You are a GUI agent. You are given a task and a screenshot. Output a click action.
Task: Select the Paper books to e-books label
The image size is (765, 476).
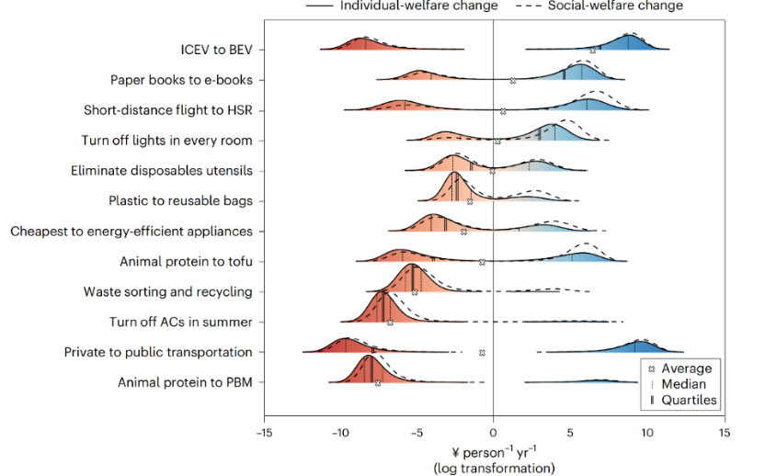coord(181,80)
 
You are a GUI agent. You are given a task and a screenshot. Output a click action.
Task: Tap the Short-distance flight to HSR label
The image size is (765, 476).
coord(167,110)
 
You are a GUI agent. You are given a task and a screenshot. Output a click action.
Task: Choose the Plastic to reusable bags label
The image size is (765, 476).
coord(180,200)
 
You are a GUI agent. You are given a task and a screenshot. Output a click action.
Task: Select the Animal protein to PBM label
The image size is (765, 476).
coord(185,382)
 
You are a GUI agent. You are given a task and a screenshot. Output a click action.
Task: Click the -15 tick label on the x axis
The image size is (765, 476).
coord(262,432)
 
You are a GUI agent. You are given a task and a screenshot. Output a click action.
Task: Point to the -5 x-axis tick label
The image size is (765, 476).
coord(416,432)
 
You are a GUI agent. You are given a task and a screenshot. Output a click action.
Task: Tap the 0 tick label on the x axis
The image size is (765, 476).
coord(494,432)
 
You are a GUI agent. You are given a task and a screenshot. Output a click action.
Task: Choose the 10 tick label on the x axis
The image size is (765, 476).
coord(647,432)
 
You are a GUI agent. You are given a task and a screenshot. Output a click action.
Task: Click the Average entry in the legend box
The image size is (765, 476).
coord(687,369)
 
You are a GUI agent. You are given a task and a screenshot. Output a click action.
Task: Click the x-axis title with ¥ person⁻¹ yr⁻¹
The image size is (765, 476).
coord(493,452)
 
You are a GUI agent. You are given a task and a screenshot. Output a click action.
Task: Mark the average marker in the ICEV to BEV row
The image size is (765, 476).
coord(592,51)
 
